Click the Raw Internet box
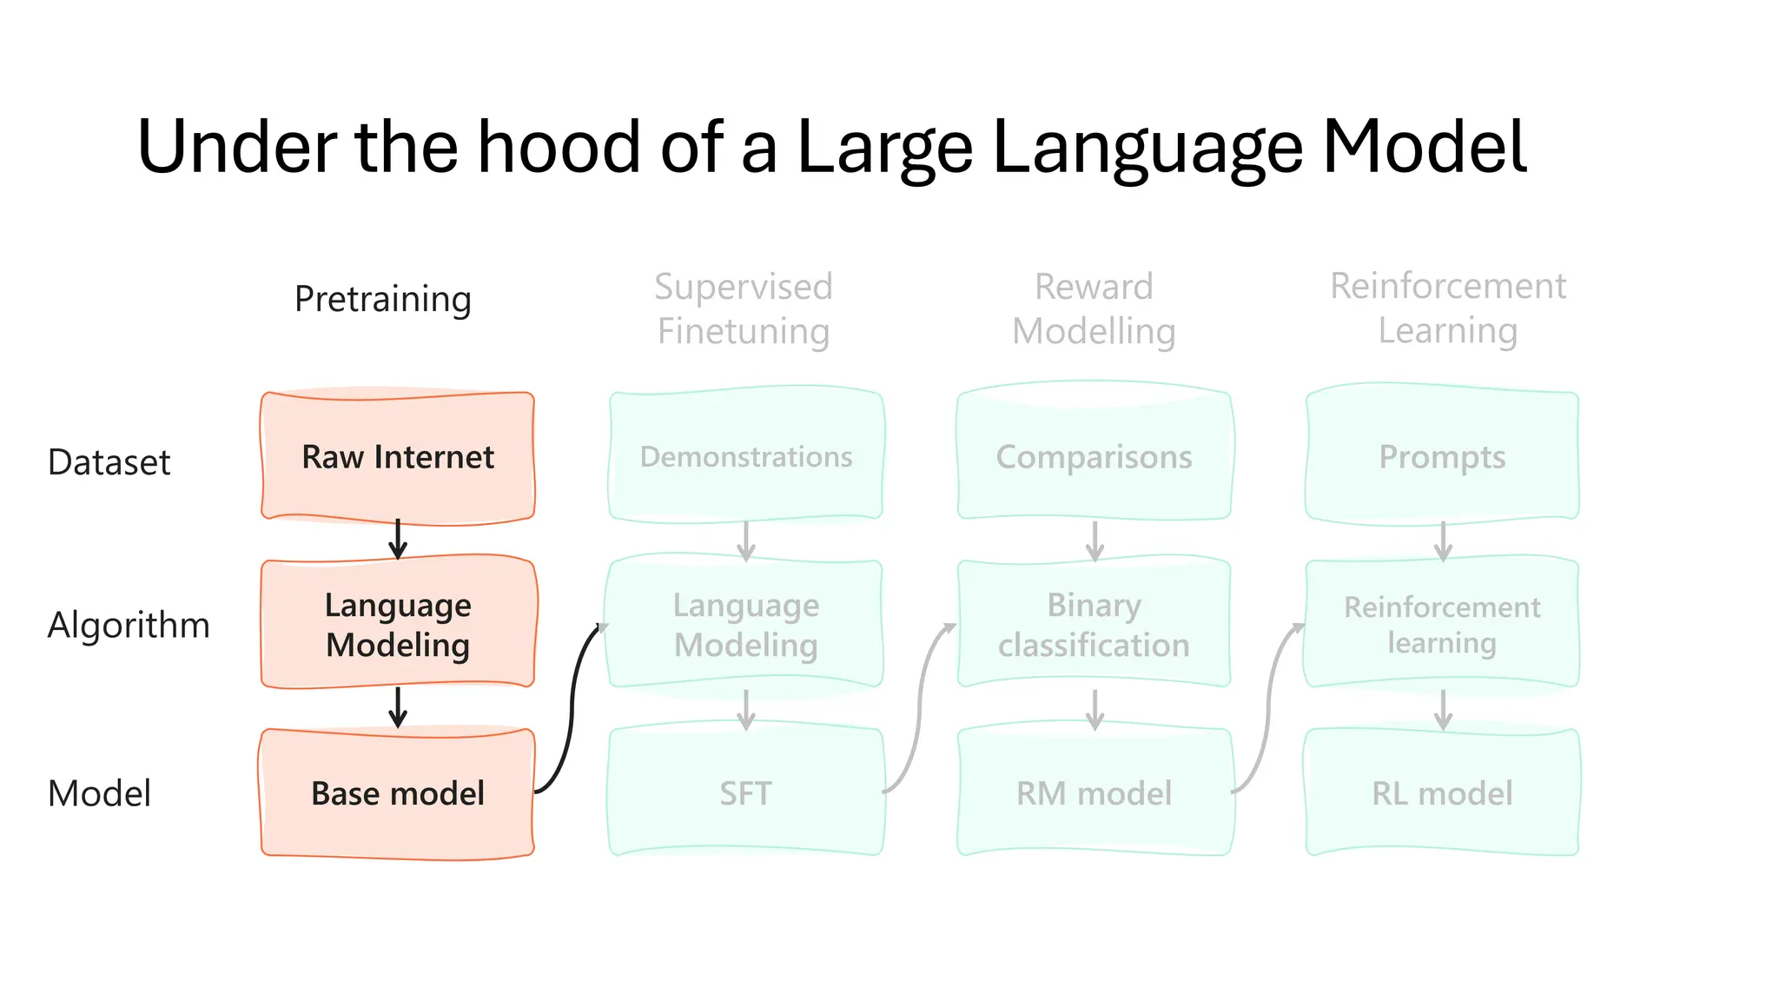[x=398, y=457]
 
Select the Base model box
[x=398, y=793]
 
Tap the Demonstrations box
[x=746, y=457]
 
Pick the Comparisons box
[x=1094, y=457]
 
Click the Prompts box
[x=1442, y=457]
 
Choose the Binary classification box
[x=1094, y=625]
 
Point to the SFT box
[x=746, y=793]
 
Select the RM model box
[x=1094, y=793]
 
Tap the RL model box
[x=1442, y=793]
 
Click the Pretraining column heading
[x=383, y=299]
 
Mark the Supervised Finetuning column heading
[x=744, y=308]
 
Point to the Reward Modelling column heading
[x=1094, y=308]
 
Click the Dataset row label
[x=109, y=462]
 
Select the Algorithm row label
[x=129, y=625]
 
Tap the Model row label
[x=99, y=793]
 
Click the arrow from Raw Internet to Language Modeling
[x=398, y=539]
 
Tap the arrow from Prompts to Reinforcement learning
[x=1443, y=540]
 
